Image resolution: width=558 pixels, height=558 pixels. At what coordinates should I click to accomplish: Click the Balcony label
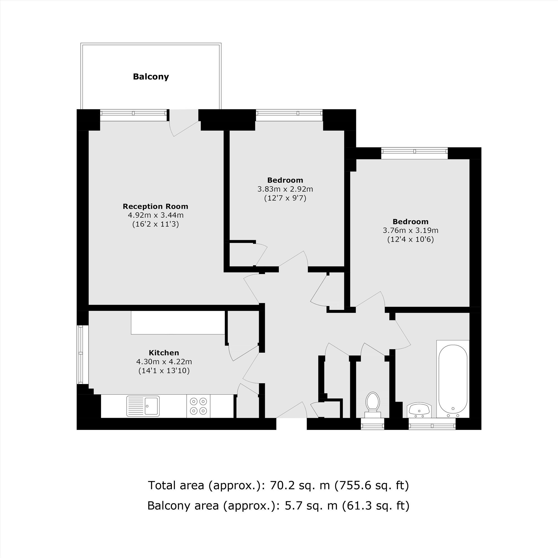[151, 77]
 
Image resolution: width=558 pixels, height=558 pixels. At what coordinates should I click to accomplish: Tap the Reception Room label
[155, 206]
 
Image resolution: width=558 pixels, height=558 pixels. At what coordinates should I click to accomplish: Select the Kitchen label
[164, 353]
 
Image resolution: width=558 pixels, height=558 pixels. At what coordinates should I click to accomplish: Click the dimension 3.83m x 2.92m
[285, 189]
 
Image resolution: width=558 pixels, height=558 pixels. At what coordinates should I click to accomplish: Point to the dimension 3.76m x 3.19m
[410, 230]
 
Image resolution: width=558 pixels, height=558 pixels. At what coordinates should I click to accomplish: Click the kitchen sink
[143, 406]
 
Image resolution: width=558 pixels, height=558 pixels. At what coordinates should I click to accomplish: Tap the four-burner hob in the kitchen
[198, 406]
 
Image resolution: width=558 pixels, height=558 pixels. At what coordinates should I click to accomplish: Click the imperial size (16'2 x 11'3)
[155, 224]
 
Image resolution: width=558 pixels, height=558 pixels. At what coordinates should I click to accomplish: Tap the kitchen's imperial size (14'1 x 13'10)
[164, 371]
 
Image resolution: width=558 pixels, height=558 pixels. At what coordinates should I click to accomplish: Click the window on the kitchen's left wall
[81, 355]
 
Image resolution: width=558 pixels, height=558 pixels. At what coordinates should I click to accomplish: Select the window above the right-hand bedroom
[414, 153]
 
